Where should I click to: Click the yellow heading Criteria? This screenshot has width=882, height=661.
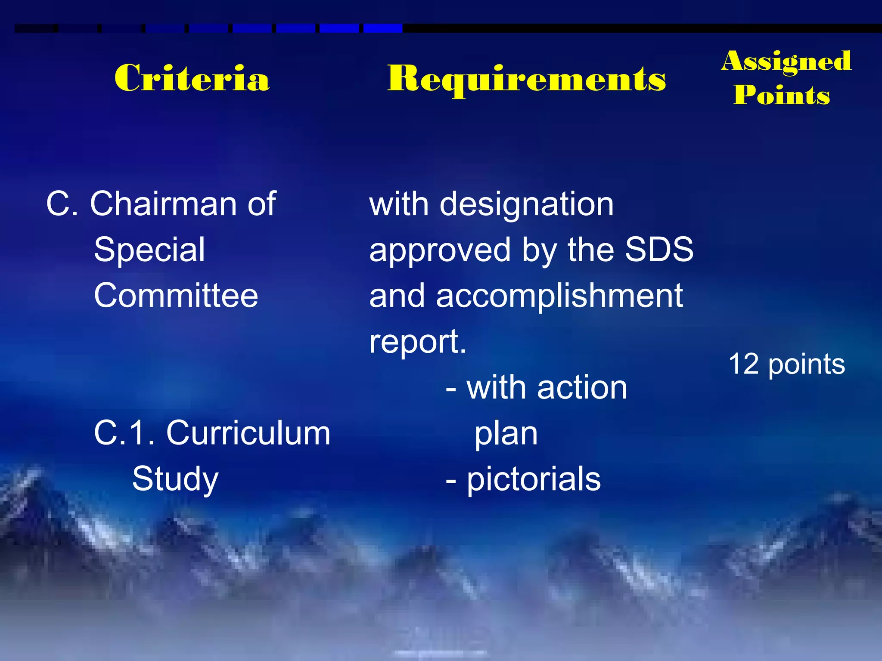pos(192,78)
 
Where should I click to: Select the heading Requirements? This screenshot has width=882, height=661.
pos(526,80)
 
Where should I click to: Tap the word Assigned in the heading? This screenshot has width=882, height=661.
pos(786,61)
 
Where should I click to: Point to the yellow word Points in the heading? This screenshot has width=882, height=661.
pos(782,95)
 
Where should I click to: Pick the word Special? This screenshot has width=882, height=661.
pos(149,250)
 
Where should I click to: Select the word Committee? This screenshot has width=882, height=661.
pos(176,296)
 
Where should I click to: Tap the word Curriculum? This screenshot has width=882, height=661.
pos(248,433)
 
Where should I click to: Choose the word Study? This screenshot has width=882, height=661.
pos(175,479)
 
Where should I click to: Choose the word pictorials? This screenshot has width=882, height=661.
pos(534,479)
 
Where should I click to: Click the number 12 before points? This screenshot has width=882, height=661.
pos(743,364)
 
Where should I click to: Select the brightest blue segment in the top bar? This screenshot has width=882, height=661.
pos(383,28)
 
